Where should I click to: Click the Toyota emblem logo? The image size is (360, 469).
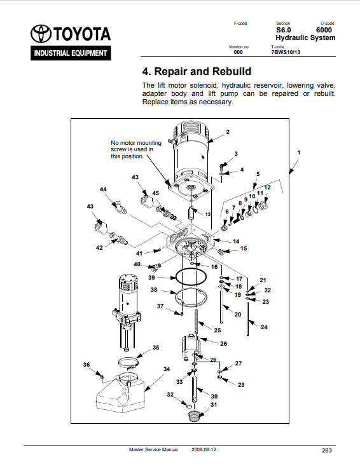click(41, 33)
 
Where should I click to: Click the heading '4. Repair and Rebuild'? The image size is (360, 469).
click(197, 71)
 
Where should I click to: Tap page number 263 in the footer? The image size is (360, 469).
click(327, 451)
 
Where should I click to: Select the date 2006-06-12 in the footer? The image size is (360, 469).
click(204, 449)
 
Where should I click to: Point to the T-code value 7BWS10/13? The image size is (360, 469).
click(286, 52)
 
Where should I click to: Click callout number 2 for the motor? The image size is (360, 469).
click(228, 132)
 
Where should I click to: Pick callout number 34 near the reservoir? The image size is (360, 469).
click(167, 369)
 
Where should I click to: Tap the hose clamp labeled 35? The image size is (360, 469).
click(128, 362)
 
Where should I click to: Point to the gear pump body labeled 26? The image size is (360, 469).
click(191, 347)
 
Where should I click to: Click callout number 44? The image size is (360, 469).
click(103, 189)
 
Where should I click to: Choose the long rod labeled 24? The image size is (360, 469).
click(248, 319)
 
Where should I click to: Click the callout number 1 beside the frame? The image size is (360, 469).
click(298, 153)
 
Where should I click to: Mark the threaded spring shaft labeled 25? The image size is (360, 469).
click(197, 322)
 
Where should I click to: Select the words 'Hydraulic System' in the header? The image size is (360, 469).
click(305, 38)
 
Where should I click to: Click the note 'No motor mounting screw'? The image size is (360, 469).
click(136, 149)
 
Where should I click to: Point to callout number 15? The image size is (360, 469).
click(244, 248)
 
